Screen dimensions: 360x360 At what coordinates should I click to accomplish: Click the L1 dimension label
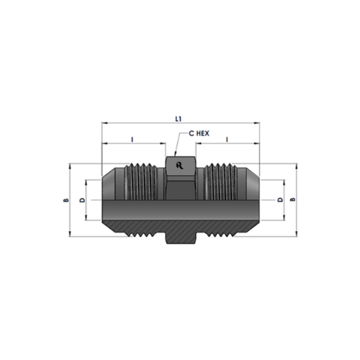tap(178, 119)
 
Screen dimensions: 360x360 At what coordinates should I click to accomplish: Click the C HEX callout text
tap(199, 133)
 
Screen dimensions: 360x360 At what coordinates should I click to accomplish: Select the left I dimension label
tap(132, 139)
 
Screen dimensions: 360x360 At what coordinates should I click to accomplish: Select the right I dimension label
tap(228, 139)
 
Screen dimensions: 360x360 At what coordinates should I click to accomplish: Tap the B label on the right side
tap(293, 199)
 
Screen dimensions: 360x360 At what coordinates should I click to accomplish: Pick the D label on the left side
tap(82, 200)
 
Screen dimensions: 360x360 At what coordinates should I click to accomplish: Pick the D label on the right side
tap(280, 199)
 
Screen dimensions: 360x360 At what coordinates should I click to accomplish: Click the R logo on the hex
tap(179, 166)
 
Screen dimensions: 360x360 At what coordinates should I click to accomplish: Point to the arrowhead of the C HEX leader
tap(175, 154)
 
